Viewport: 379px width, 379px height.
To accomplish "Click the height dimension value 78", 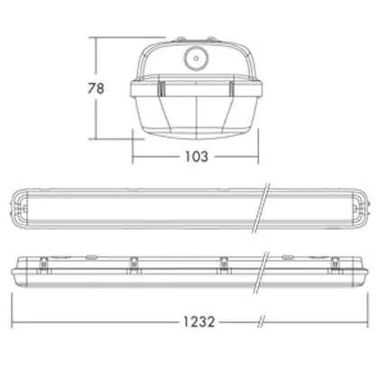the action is [x=96, y=88].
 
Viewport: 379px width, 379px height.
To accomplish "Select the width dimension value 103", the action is [x=196, y=156].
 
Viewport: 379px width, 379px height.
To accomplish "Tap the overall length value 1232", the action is [x=199, y=322].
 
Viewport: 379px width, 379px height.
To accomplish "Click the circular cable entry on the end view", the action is [x=196, y=59].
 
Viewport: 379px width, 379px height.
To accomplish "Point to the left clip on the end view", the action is [x=162, y=88].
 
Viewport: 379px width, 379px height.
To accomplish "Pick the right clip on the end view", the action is [x=231, y=88].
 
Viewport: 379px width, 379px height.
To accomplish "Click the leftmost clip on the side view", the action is [x=44, y=264].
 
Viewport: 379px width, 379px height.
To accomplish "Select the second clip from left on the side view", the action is [x=134, y=264].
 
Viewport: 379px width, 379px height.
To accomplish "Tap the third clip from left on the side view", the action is [x=223, y=264].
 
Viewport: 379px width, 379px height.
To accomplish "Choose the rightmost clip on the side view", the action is [x=335, y=264].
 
